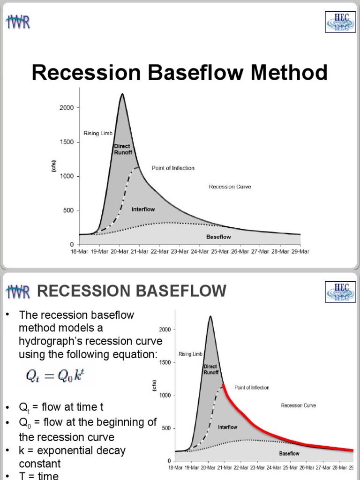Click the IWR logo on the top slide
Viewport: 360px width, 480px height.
pyautogui.click(x=18, y=21)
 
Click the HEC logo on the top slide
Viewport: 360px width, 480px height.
pyautogui.click(x=340, y=22)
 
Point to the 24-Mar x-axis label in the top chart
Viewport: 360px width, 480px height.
pyautogui.click(x=200, y=251)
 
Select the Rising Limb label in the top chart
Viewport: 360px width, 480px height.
pyautogui.click(x=98, y=134)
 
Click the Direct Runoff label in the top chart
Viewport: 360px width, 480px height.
pyautogui.click(x=122, y=149)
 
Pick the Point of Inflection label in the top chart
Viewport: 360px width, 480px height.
pyautogui.click(x=172, y=168)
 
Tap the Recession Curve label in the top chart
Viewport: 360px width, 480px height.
pyautogui.click(x=230, y=187)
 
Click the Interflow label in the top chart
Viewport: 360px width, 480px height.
pyautogui.click(x=143, y=210)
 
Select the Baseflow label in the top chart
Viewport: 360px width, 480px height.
pyautogui.click(x=218, y=237)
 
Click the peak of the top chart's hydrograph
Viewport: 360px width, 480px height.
pyautogui.click(x=122, y=94)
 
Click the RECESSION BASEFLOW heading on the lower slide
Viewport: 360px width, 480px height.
pyautogui.click(x=131, y=291)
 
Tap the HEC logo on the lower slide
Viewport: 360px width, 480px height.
pyautogui.click(x=340, y=292)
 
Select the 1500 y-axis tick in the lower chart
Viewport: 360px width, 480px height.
pyautogui.click(x=165, y=362)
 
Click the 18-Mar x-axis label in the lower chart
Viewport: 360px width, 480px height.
pyautogui.click(x=175, y=467)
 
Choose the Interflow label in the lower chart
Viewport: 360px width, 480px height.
pyautogui.click(x=227, y=427)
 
